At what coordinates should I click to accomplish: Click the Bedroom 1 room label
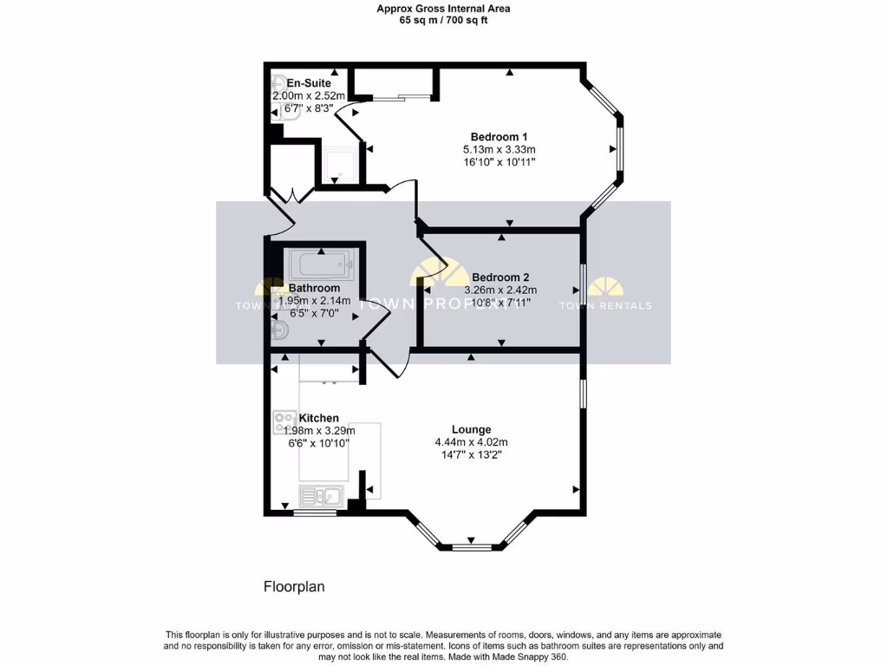pyautogui.click(x=499, y=137)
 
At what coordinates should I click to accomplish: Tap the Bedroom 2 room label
pyautogui.click(x=500, y=277)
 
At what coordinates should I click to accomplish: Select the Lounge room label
pyautogui.click(x=471, y=429)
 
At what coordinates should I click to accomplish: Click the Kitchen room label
pyautogui.click(x=318, y=418)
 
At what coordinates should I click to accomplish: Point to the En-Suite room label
pyautogui.click(x=309, y=83)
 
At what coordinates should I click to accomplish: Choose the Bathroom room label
pyautogui.click(x=314, y=288)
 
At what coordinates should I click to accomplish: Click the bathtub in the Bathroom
pyautogui.click(x=322, y=264)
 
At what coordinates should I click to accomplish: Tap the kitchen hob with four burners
pyautogui.click(x=284, y=422)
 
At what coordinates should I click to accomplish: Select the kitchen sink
pyautogui.click(x=321, y=496)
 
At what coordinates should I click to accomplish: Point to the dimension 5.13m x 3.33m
pyautogui.click(x=499, y=149)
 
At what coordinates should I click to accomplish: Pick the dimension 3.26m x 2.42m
pyautogui.click(x=500, y=291)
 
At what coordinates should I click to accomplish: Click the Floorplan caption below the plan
pyautogui.click(x=294, y=587)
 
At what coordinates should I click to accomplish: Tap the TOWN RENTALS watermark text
pyautogui.click(x=605, y=305)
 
